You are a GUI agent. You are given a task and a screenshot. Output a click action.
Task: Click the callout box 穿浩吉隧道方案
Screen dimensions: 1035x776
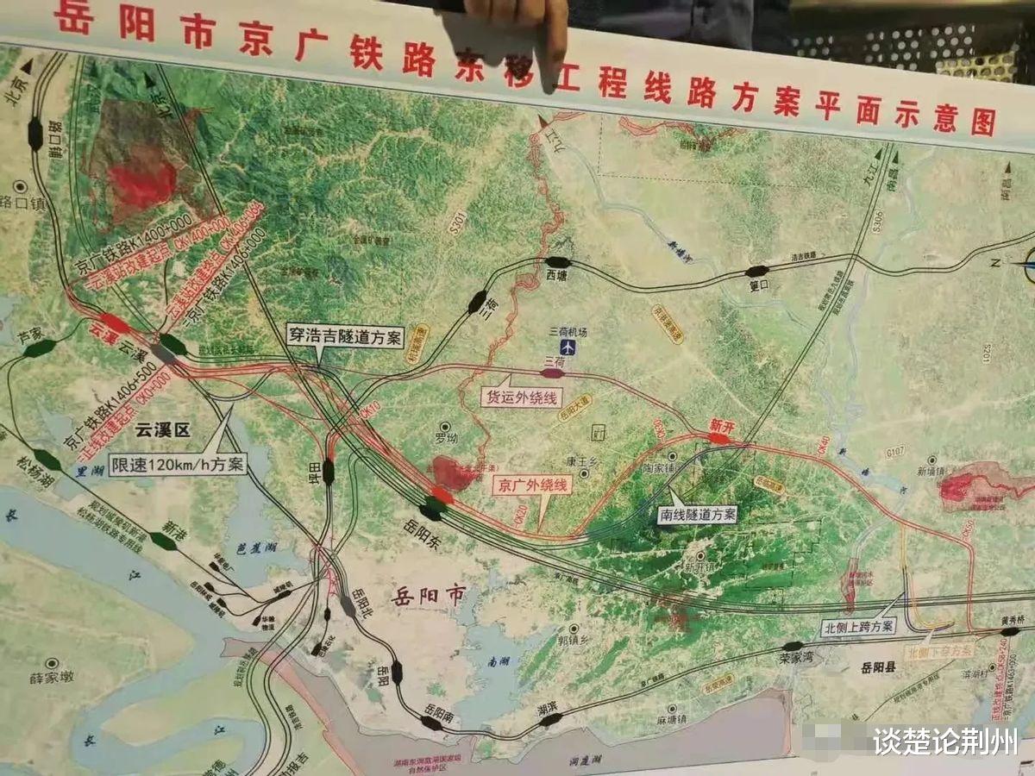[x=345, y=336]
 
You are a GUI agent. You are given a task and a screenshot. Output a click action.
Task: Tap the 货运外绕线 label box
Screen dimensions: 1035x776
[x=521, y=397]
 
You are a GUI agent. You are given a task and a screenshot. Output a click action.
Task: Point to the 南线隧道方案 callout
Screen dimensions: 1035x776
[x=696, y=515]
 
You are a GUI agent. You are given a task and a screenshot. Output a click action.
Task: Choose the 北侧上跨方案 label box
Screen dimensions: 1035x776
[x=857, y=627]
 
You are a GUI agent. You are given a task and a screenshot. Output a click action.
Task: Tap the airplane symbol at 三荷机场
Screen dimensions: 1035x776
[x=568, y=347]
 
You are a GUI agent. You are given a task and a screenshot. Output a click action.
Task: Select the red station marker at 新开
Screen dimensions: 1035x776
[x=718, y=439]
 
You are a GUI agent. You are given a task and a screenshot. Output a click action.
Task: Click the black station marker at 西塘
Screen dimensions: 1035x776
[x=558, y=262]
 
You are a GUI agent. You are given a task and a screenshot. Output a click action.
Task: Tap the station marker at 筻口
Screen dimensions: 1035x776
[x=756, y=272]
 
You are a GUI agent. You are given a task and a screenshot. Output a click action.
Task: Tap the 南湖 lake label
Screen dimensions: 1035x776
[x=499, y=663]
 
